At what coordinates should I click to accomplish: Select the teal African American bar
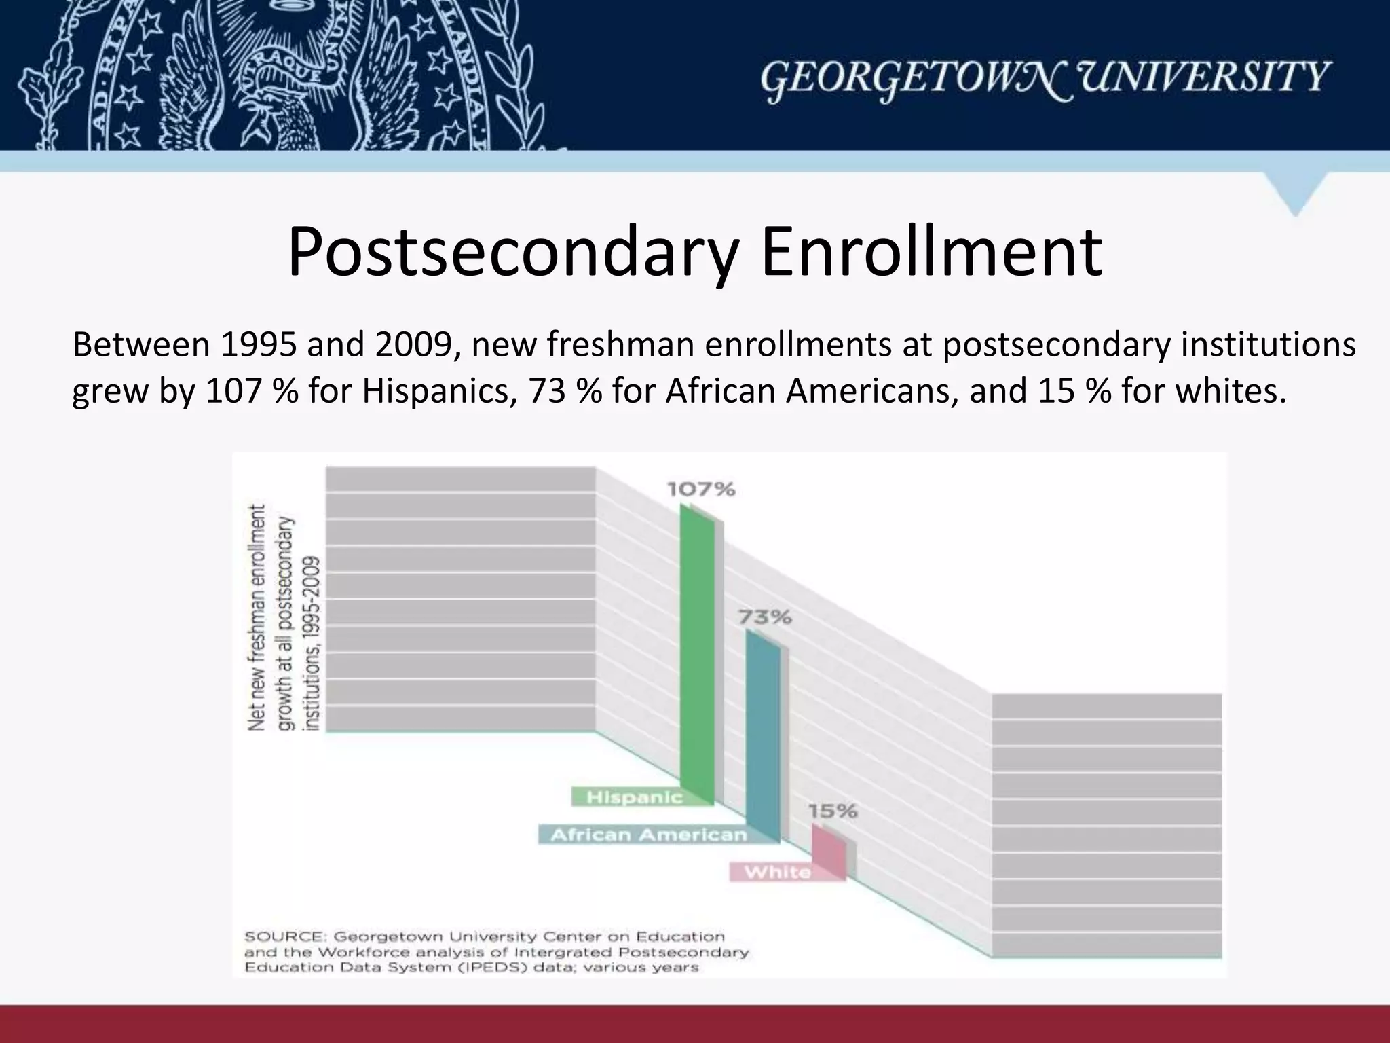click(763, 737)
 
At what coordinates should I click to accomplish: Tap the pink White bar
click(829, 852)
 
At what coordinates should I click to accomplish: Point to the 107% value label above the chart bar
click(701, 490)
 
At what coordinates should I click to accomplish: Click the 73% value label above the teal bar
click(765, 617)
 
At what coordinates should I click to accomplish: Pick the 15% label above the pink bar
click(832, 811)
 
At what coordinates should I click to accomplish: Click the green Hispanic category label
click(634, 797)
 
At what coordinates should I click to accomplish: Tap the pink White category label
click(778, 872)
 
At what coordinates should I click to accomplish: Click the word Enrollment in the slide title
click(931, 253)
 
